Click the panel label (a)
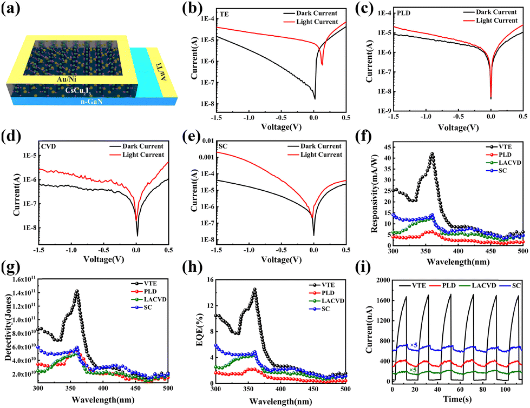[12, 11]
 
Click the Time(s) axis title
[457, 401]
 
